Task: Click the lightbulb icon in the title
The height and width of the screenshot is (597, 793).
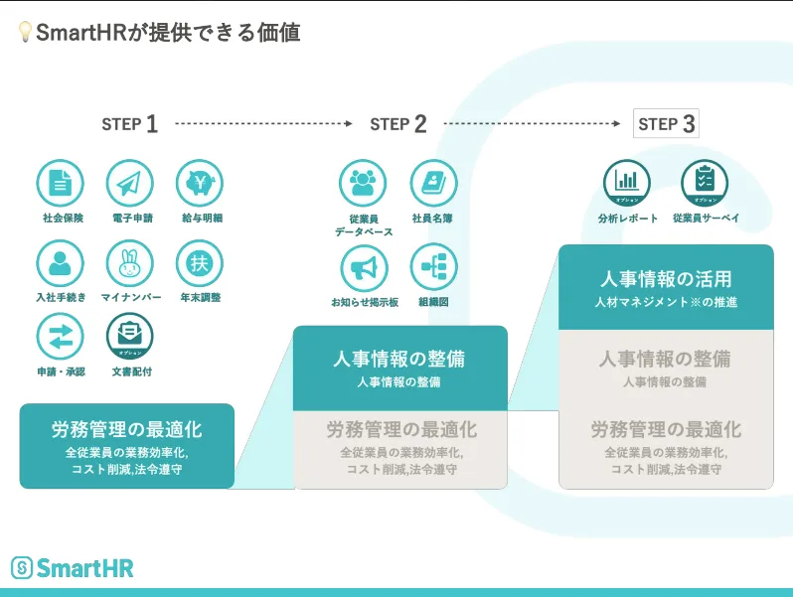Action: pyautogui.click(x=25, y=33)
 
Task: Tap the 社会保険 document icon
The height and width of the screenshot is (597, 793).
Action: pyautogui.click(x=61, y=184)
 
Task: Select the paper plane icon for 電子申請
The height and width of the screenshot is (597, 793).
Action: pyautogui.click(x=130, y=184)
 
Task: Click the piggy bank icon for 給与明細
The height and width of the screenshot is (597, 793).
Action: pyautogui.click(x=200, y=184)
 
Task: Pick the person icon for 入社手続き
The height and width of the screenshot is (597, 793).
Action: pyautogui.click(x=61, y=263)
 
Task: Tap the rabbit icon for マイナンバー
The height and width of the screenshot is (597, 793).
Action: pyautogui.click(x=130, y=263)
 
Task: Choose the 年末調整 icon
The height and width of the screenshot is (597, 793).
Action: pyautogui.click(x=200, y=263)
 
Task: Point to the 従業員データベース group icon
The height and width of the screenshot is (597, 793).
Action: pyautogui.click(x=363, y=184)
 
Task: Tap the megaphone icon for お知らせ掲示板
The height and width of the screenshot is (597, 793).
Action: pyautogui.click(x=363, y=267)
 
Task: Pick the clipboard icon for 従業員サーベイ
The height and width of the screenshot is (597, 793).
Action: pyautogui.click(x=705, y=184)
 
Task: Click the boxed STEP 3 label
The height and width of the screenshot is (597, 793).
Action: pyautogui.click(x=666, y=123)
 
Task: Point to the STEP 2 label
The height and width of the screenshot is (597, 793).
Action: pyautogui.click(x=397, y=124)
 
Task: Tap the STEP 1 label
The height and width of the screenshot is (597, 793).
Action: pyautogui.click(x=129, y=124)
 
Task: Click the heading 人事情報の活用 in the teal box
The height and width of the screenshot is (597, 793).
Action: pyautogui.click(x=666, y=278)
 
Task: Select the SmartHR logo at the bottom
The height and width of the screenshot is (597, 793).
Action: pyautogui.click(x=72, y=568)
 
